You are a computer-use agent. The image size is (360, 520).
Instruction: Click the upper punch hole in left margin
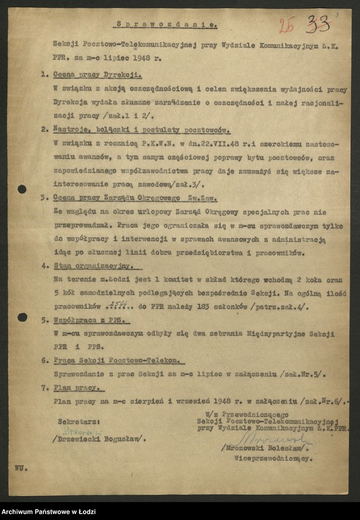pyautogui.click(x=22, y=189)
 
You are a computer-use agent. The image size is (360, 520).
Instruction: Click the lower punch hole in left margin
pyautogui.click(x=22, y=317)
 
